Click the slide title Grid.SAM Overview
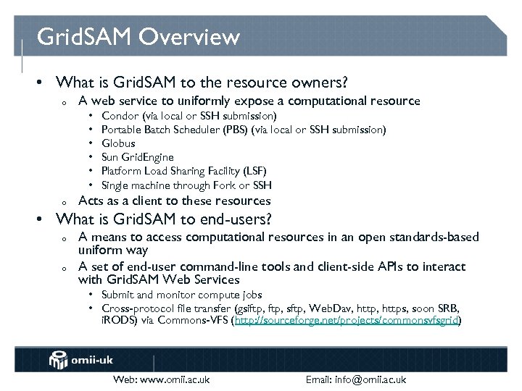click(138, 36)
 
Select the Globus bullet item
click(118, 143)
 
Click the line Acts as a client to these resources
click(174, 201)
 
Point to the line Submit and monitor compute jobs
click(181, 295)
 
